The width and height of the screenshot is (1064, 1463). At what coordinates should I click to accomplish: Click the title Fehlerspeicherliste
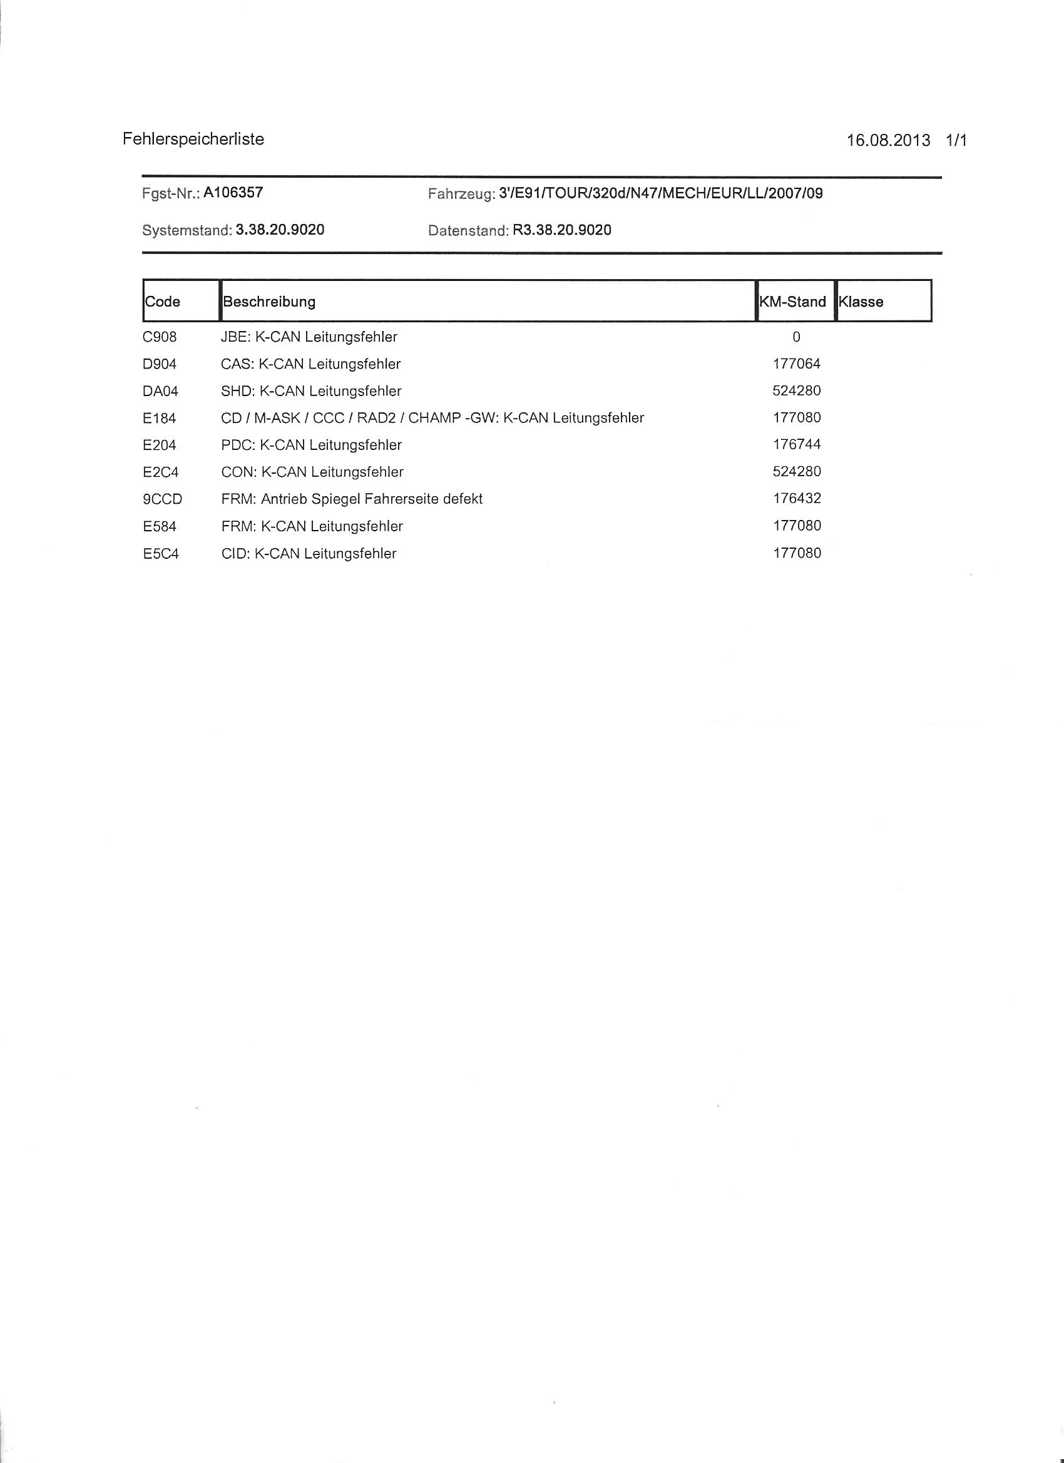pyautogui.click(x=193, y=140)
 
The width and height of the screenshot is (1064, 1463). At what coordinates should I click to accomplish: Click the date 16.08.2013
pyautogui.click(x=888, y=141)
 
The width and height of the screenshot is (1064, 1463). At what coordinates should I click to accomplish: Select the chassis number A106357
pyautogui.click(x=233, y=192)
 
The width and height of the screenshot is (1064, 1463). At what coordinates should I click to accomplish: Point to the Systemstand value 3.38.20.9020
pyautogui.click(x=280, y=230)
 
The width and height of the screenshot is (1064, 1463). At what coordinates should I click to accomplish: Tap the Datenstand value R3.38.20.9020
pyautogui.click(x=561, y=230)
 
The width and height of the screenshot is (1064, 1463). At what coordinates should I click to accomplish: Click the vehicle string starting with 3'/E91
pyautogui.click(x=661, y=193)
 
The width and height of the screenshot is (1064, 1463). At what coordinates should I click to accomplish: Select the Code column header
pyautogui.click(x=163, y=302)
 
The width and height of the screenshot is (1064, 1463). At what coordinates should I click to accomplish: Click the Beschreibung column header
pyautogui.click(x=269, y=302)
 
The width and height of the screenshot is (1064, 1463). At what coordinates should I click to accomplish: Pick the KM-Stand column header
pyautogui.click(x=793, y=302)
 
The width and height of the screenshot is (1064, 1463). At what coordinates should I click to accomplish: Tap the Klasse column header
pyautogui.click(x=861, y=302)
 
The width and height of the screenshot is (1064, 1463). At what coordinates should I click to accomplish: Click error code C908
pyautogui.click(x=160, y=337)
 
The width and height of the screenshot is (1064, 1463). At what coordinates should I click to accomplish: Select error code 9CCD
pyautogui.click(x=163, y=499)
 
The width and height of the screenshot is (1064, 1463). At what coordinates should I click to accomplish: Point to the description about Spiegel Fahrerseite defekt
pyautogui.click(x=352, y=499)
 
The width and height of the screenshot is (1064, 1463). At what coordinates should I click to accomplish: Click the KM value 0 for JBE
pyautogui.click(x=796, y=337)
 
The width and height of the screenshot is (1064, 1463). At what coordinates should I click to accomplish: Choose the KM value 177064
pyautogui.click(x=797, y=364)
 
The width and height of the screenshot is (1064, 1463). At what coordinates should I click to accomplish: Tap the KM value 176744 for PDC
pyautogui.click(x=797, y=444)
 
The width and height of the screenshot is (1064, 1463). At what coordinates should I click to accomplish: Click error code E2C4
pyautogui.click(x=161, y=472)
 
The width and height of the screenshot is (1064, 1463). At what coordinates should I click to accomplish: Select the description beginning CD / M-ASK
pyautogui.click(x=432, y=418)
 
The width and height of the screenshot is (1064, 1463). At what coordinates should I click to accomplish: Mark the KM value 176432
pyautogui.click(x=797, y=499)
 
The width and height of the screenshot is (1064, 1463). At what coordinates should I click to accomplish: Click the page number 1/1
pyautogui.click(x=956, y=141)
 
